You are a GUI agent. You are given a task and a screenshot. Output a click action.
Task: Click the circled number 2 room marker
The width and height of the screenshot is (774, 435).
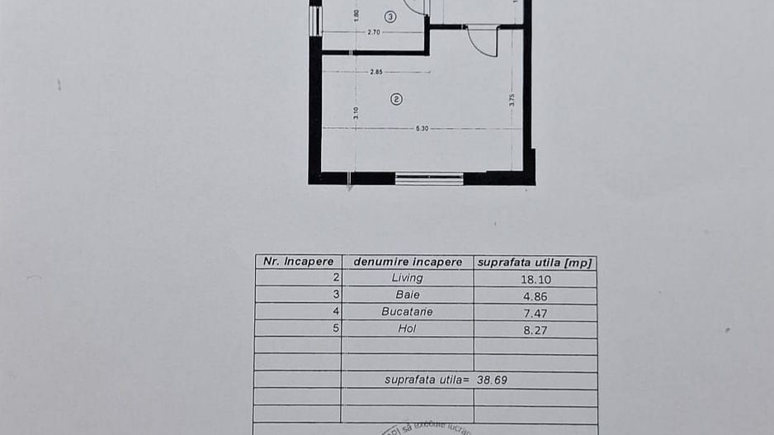coord(396,99)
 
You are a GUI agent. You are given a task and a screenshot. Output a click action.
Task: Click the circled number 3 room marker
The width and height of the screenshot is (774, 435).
coord(390,16)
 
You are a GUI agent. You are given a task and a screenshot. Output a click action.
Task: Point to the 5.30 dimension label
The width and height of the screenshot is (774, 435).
coord(422,128)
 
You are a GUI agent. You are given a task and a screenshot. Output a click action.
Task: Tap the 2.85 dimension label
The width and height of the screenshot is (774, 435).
coord(376,72)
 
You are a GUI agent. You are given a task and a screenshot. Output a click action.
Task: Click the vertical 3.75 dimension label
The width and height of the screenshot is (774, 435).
coord(512,99)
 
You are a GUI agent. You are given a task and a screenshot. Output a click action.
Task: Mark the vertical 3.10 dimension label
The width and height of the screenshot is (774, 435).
coord(356,113)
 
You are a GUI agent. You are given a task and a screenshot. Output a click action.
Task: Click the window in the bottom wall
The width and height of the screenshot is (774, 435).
coord(429,177)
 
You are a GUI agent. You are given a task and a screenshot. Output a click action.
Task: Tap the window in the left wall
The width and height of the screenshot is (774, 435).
coord(314,21)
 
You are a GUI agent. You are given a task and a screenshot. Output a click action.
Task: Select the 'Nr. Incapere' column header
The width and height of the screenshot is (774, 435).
coord(298,262)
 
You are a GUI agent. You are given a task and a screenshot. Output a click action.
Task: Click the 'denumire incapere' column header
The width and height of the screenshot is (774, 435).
coord(408,262)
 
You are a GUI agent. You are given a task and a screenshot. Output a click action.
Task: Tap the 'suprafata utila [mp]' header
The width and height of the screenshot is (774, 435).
coord(535,262)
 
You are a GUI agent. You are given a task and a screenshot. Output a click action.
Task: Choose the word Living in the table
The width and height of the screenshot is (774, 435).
coord(407,278)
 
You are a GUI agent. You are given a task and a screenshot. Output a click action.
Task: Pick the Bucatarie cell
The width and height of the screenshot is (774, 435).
coord(407,312)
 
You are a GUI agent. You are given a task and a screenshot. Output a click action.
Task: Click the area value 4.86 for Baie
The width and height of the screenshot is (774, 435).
coord(534,296)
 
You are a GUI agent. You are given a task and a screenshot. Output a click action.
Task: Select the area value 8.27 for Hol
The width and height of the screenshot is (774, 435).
coord(534,329)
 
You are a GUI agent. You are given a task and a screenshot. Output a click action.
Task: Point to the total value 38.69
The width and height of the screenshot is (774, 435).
coord(504,380)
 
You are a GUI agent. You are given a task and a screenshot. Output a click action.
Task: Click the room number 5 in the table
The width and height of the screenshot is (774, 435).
coord(336,329)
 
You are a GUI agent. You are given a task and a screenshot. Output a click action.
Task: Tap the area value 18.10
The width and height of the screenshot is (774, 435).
coord(534,279)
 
